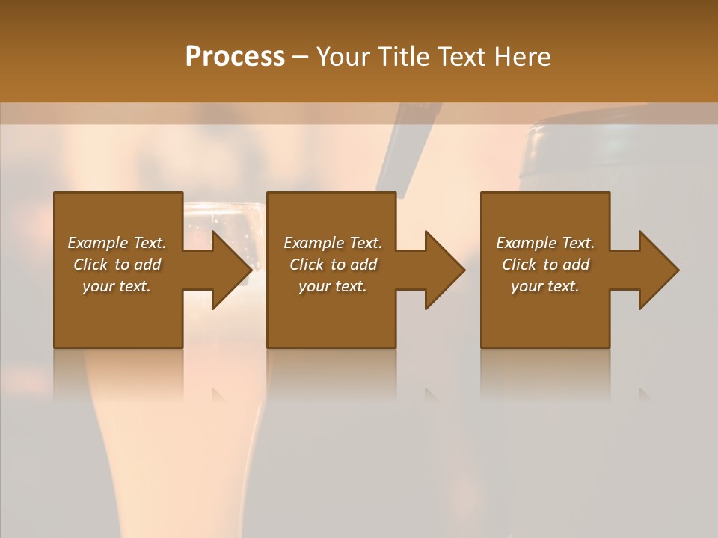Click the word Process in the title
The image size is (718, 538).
[235, 57]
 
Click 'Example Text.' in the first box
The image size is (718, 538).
[117, 243]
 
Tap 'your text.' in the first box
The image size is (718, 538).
[117, 286]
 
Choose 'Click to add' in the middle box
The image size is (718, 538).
[333, 265]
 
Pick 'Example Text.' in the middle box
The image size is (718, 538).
[333, 243]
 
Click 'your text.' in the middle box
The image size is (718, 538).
[333, 286]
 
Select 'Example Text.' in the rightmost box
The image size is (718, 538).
[545, 243]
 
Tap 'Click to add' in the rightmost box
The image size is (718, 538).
[545, 265]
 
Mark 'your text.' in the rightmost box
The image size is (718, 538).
[545, 286]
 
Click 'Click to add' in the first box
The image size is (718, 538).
[117, 265]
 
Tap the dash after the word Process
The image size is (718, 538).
[301, 58]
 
